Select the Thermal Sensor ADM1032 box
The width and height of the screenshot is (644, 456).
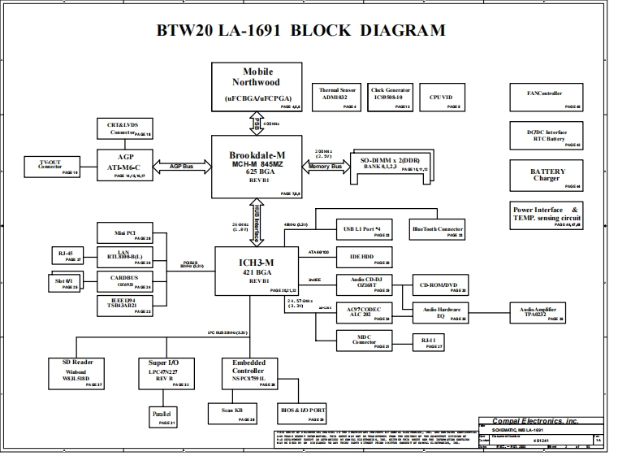click(339, 96)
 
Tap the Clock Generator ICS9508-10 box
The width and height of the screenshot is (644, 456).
click(391, 96)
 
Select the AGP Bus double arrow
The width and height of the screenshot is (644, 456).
click(180, 166)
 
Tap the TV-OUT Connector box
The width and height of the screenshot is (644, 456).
click(51, 166)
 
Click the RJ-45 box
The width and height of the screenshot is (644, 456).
click(67, 255)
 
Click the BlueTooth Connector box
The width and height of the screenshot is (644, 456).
click(437, 230)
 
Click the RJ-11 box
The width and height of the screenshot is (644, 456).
click(429, 341)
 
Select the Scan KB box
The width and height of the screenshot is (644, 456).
click(232, 413)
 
